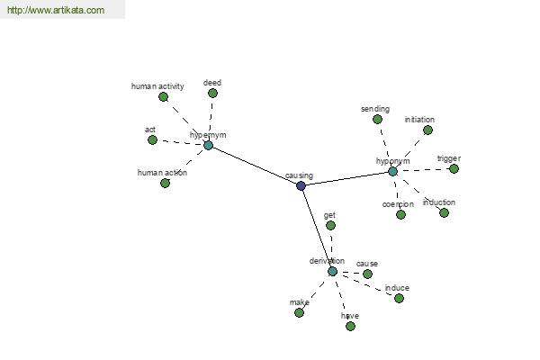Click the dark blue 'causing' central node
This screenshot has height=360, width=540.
301,185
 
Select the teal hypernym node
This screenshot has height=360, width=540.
209,146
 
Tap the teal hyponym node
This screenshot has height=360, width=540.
392,171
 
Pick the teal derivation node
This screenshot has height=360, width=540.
332,272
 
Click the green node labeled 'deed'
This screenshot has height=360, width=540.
212,93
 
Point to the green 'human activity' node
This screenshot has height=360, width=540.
163,97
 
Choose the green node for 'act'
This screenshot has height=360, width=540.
152,139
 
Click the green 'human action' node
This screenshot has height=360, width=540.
165,183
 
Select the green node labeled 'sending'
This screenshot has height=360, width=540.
377,119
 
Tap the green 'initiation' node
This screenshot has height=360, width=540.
427,130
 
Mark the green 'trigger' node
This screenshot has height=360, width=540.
454,169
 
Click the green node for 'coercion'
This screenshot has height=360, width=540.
400,214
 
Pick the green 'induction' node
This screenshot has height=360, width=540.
444,213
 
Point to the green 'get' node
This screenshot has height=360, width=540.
330,225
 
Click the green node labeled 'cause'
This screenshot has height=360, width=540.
367,274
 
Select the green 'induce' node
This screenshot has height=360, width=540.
399,298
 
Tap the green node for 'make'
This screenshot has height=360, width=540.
299,313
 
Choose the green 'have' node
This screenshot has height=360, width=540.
350,326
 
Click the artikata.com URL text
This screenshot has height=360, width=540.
56,10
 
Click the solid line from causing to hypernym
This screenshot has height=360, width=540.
255,166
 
